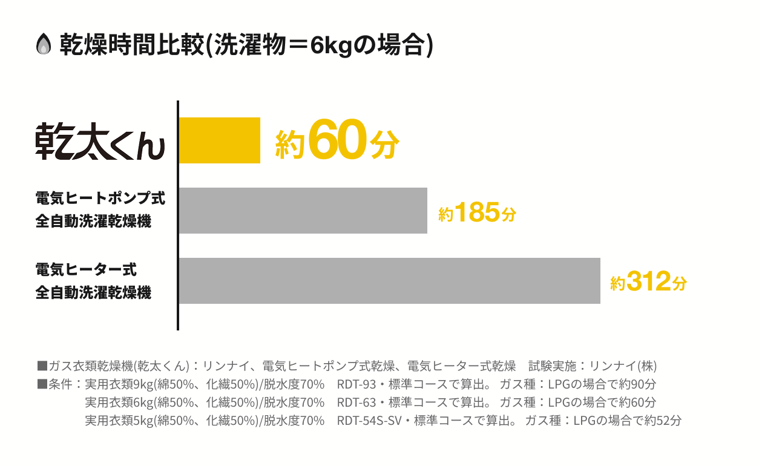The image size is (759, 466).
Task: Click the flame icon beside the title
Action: (44, 45)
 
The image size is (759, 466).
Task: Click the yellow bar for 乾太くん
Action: (219, 140)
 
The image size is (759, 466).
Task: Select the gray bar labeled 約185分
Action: (303, 211)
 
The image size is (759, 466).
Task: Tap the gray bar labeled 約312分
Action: (389, 281)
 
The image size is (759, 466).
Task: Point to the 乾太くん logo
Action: (100, 142)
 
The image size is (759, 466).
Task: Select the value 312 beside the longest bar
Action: (649, 281)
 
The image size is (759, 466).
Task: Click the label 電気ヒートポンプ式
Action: (100, 198)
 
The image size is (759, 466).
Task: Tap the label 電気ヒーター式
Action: (86, 269)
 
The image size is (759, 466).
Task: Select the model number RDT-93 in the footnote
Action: (355, 384)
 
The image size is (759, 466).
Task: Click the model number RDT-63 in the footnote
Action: (355, 402)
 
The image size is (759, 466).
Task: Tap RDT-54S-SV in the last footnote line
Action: (370, 421)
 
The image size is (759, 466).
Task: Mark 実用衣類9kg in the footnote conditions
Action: (119, 384)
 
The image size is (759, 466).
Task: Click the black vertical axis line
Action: (178, 215)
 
